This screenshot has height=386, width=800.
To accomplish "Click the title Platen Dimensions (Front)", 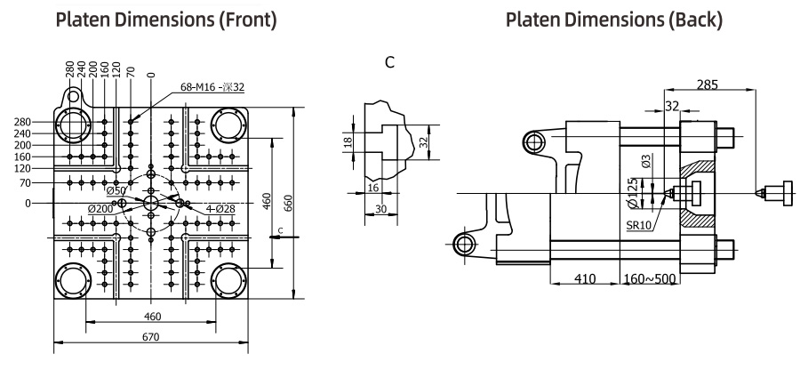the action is click(166, 20).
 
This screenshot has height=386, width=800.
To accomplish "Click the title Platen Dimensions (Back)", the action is click(614, 20).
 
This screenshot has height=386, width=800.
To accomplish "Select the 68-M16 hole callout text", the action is click(212, 87).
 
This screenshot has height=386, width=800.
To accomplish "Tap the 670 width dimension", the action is click(151, 337).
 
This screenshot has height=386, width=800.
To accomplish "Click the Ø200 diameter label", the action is click(100, 209).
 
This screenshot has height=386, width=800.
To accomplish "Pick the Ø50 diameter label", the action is click(116, 191).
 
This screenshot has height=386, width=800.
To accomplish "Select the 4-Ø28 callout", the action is click(221, 209).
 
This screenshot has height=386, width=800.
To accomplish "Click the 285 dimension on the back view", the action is click(708, 84).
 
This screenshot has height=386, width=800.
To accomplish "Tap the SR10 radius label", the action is click(639, 225).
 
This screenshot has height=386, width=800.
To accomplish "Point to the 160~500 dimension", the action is click(650, 279).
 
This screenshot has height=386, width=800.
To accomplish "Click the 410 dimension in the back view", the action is click(585, 279).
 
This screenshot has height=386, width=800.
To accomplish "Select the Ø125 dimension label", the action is click(632, 194).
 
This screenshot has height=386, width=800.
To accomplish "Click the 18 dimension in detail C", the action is click(348, 141).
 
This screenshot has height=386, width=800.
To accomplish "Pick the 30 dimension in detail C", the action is click(380, 209).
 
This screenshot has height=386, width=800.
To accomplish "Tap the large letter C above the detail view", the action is click(390, 62).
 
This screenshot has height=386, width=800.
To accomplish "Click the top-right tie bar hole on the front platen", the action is click(228, 125).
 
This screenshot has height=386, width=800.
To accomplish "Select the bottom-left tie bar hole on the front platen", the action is click(74, 280).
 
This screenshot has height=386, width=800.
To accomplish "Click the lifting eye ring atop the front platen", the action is click(74, 96).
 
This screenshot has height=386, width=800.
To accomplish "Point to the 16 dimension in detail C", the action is click(373, 188).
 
